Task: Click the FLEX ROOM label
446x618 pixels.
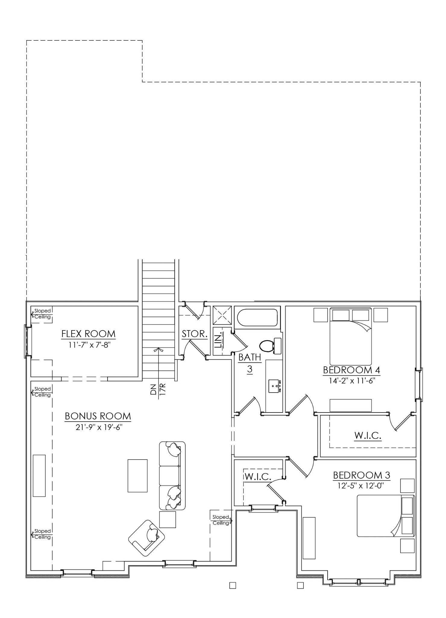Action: (x=88, y=334)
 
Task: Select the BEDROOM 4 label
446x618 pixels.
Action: (x=351, y=370)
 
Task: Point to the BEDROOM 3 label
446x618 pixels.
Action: (x=361, y=475)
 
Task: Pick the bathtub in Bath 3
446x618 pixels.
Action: (x=257, y=317)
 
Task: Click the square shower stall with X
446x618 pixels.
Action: (x=222, y=315)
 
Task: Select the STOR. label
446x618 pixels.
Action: (x=194, y=334)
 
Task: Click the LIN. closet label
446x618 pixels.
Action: (x=218, y=339)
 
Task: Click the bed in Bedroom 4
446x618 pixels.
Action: (x=351, y=336)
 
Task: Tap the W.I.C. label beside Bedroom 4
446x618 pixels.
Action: (x=368, y=435)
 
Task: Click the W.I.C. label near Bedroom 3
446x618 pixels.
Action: (x=258, y=477)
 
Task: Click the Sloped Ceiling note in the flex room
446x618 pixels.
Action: (x=42, y=314)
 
